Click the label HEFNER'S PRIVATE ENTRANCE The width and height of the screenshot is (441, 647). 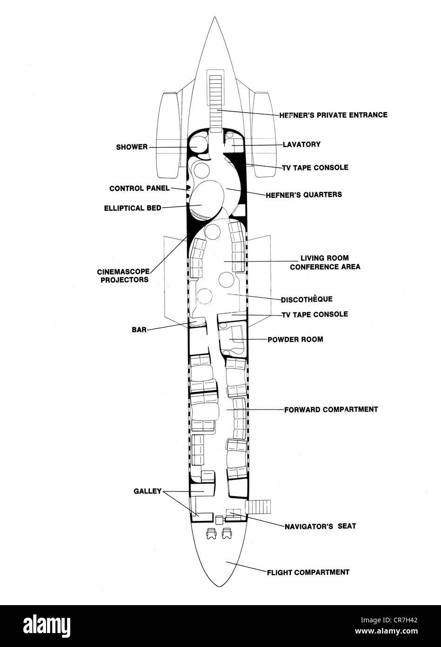[334, 115]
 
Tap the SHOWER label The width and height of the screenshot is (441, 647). [132, 147]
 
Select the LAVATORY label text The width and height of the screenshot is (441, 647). [301, 144]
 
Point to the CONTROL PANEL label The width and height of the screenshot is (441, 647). [140, 189]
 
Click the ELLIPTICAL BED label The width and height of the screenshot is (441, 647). [133, 208]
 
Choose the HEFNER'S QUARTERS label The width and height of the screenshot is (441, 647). [304, 195]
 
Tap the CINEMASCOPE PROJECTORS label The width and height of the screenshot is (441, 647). [124, 276]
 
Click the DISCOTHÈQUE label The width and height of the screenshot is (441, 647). [307, 299]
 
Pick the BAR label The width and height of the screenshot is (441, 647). [139, 330]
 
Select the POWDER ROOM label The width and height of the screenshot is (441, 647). [295, 339]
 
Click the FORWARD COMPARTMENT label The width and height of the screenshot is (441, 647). [331, 409]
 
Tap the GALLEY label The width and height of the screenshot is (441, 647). [147, 491]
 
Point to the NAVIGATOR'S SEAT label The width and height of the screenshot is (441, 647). [321, 526]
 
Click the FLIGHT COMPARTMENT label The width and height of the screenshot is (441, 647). [308, 572]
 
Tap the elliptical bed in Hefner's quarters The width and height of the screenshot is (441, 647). [207, 199]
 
